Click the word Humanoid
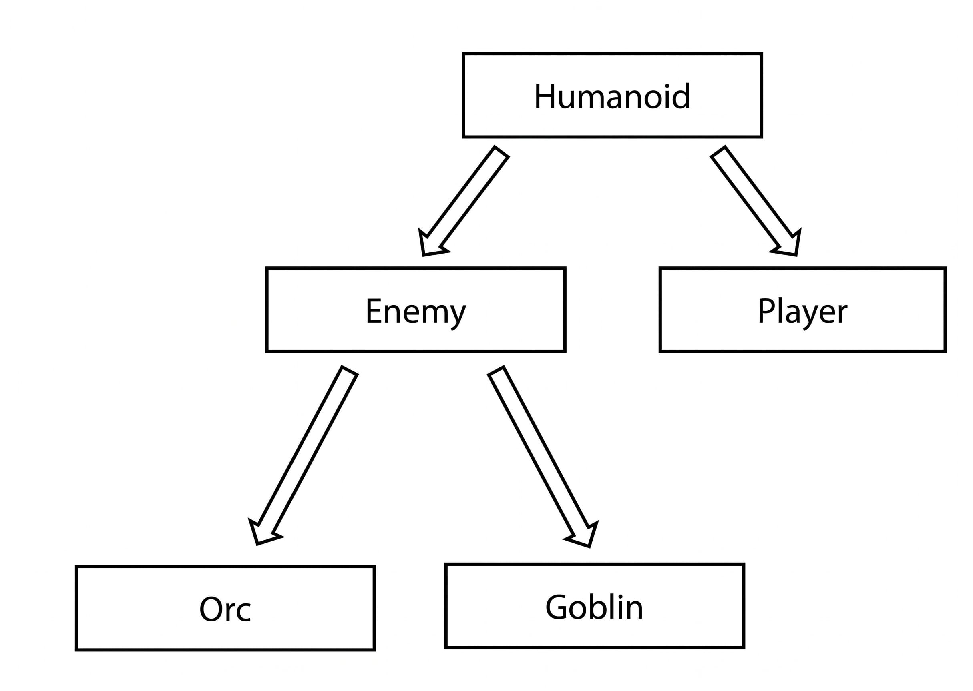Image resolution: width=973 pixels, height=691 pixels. click(x=612, y=97)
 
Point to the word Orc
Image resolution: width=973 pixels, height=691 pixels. click(x=225, y=609)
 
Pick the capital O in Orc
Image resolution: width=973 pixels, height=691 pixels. click(x=211, y=609)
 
